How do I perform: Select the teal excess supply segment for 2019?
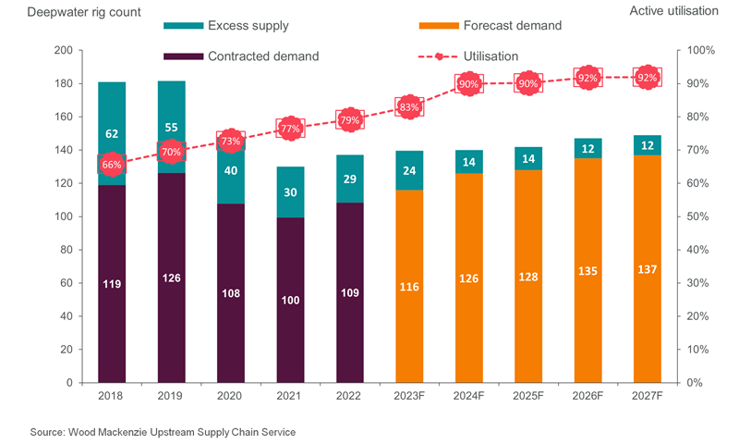point(171,120)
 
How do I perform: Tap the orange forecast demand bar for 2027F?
point(647,268)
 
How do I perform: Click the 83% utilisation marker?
point(409,106)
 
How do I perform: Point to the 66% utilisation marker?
point(112,164)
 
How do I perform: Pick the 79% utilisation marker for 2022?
point(350,119)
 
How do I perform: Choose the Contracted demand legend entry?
point(241,56)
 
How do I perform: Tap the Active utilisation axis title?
point(674,11)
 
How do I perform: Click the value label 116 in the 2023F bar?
point(409,287)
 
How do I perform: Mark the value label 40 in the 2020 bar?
point(231,171)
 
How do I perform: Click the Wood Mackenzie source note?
point(163,432)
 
